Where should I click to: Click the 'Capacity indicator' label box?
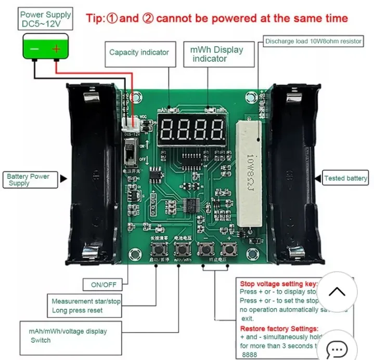tap(139, 52)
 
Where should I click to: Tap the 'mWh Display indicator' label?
tap(216, 54)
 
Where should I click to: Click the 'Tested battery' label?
tap(345, 178)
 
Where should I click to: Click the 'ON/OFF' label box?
tap(104, 285)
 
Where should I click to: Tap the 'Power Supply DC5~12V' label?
tap(46, 20)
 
